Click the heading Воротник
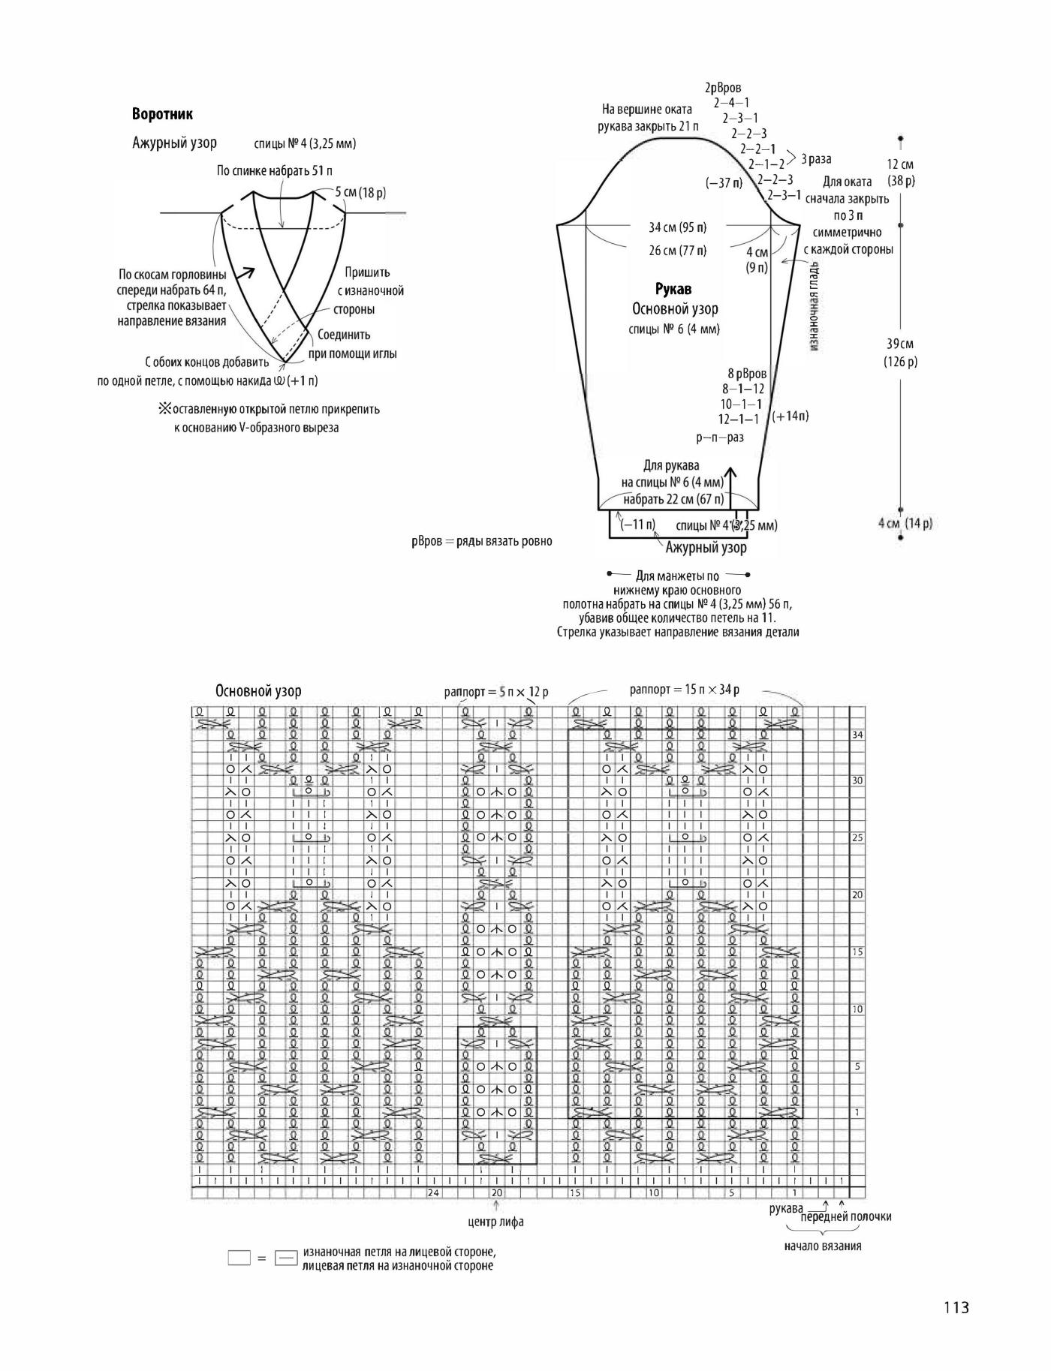coord(162,115)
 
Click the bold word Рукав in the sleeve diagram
coord(673,289)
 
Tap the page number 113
coord(956,1307)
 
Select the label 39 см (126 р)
coord(901,353)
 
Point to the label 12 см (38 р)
coord(901,173)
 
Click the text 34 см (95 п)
coord(677,227)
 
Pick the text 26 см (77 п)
coord(677,251)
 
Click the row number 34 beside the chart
coord(858,735)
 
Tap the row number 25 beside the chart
coord(858,838)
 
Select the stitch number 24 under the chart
coord(433,1192)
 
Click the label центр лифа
coord(496,1222)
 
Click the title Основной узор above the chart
coord(258,691)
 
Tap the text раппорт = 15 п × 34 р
coord(685,690)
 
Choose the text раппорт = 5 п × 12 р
coord(496,692)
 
